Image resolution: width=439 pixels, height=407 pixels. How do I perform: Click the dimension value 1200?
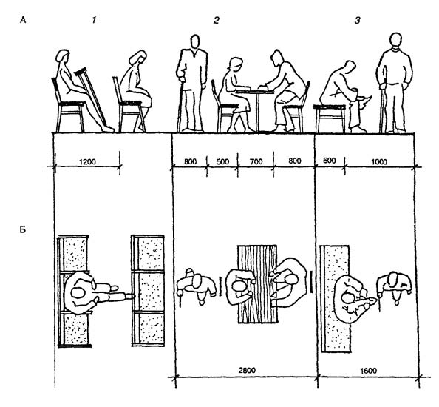tap(87, 162)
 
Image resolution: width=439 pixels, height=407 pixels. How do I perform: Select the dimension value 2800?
tap(247, 370)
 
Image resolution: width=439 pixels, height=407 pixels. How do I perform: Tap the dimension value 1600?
tap(369, 371)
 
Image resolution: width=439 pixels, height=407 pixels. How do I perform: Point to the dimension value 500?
tap(222, 162)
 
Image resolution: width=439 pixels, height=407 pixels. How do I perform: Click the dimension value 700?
tap(256, 162)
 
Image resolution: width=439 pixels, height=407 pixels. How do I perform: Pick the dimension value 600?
tap(330, 161)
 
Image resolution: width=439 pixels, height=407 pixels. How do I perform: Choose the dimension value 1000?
tap(379, 162)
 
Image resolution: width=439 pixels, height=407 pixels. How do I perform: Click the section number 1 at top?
tap(94, 20)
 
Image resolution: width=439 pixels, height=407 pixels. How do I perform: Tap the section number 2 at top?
tap(216, 21)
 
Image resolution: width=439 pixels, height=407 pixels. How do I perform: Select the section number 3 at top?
tap(358, 21)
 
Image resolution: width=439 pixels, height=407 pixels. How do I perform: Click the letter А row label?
tap(23, 20)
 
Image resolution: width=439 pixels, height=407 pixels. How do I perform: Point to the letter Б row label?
tap(23, 229)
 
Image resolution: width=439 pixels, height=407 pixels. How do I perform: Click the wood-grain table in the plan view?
tap(257, 284)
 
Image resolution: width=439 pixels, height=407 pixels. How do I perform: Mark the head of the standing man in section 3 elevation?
tap(395, 41)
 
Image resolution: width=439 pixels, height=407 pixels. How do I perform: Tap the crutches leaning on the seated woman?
tap(91, 95)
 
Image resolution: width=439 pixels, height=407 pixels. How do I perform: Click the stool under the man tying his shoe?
tap(330, 118)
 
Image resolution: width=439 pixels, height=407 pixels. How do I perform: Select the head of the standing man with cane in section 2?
tap(195, 42)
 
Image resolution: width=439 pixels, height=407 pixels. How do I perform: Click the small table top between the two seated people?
tap(255, 91)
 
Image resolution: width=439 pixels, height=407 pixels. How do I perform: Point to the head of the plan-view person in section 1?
tap(78, 292)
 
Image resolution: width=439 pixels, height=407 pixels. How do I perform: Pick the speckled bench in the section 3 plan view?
tap(335, 299)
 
